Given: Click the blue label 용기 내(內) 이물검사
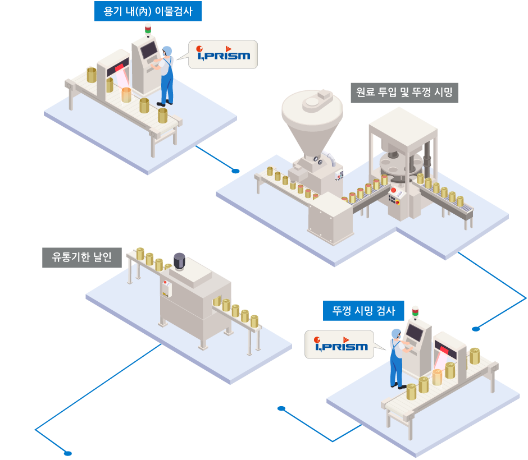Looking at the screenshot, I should [x=148, y=11].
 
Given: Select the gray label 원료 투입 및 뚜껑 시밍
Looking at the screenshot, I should [x=404, y=91].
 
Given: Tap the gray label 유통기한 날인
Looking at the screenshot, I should [x=82, y=257].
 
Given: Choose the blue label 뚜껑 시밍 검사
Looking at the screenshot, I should [x=363, y=310].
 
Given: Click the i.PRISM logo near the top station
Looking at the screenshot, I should [x=223, y=54].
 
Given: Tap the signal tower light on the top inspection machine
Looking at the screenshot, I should [x=148, y=29].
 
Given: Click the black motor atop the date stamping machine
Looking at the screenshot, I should [x=179, y=261].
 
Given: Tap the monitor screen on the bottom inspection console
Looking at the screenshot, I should [x=416, y=333].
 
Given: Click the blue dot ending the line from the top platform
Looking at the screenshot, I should [x=236, y=171].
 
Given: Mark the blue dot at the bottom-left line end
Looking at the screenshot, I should [x=68, y=453].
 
